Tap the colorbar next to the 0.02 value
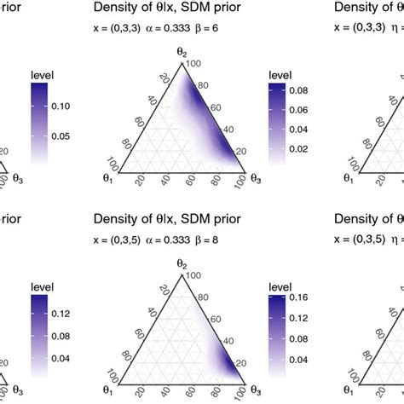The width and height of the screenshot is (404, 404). click(275, 148)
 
